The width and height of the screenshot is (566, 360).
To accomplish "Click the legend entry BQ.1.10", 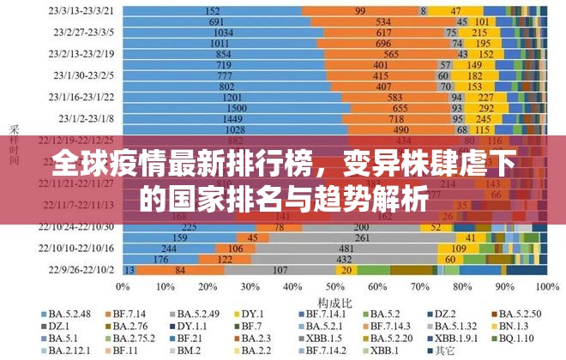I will (521, 339).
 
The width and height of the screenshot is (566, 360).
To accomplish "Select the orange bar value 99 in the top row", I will (359, 10).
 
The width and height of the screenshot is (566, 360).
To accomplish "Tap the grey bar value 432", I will (344, 259).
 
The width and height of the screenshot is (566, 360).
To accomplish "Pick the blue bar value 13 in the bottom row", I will (130, 269).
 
